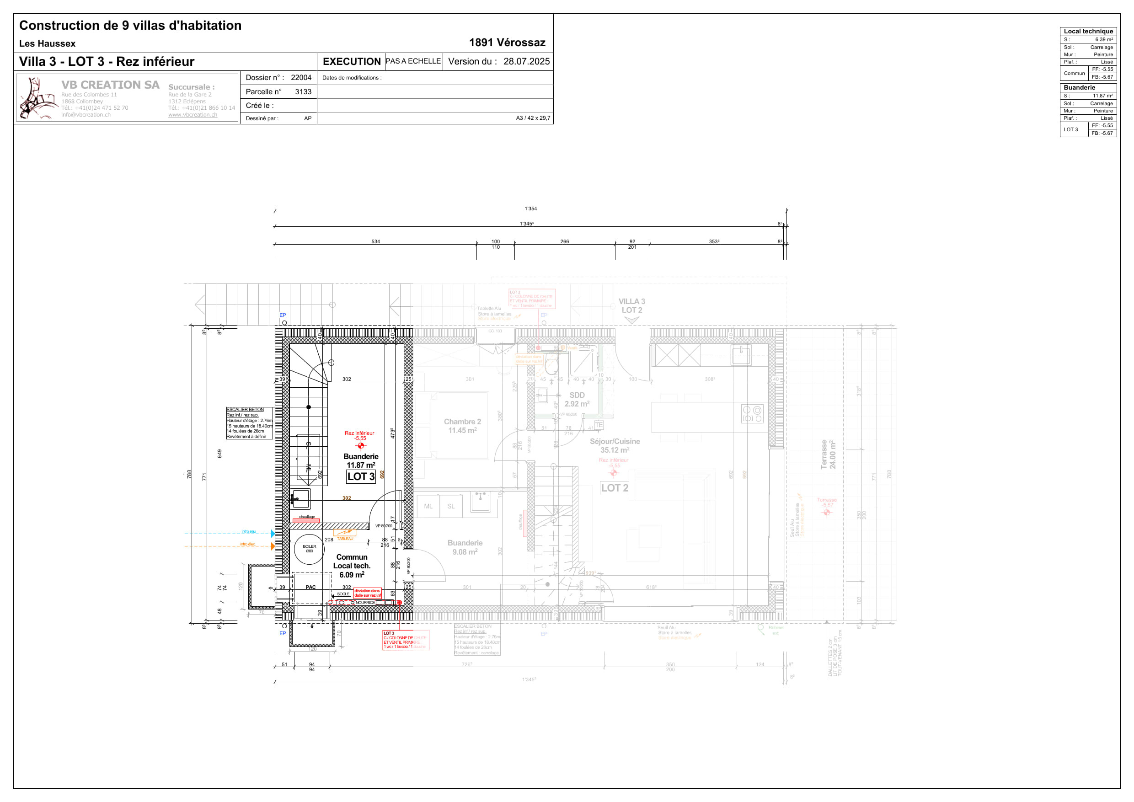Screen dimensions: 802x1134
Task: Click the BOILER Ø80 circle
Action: [309, 549]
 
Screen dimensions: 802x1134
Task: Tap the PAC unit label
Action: [310, 587]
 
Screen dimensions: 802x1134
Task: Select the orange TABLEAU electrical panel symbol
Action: [344, 532]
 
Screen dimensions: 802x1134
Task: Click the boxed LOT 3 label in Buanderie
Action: [361, 476]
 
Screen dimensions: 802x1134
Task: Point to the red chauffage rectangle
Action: [306, 520]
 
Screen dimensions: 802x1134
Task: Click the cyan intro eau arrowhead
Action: [273, 534]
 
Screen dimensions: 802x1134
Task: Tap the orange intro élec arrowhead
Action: [273, 546]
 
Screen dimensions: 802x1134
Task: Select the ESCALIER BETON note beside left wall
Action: [249, 423]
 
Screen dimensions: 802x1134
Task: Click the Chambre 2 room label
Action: [462, 426]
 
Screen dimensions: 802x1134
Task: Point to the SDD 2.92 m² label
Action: [577, 400]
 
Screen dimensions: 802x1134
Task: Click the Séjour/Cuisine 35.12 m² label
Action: [615, 445]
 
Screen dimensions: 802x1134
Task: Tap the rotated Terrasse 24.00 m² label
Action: [828, 454]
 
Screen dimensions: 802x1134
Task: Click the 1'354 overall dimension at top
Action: [530, 209]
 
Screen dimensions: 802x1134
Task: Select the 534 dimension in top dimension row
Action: [375, 241]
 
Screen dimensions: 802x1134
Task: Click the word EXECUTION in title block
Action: [351, 62]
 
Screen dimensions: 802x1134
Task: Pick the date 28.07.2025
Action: [526, 62]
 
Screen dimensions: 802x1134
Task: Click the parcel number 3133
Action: [303, 92]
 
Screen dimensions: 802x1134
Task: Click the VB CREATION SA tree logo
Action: [37, 98]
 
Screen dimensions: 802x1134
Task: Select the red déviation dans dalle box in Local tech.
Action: [368, 593]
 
